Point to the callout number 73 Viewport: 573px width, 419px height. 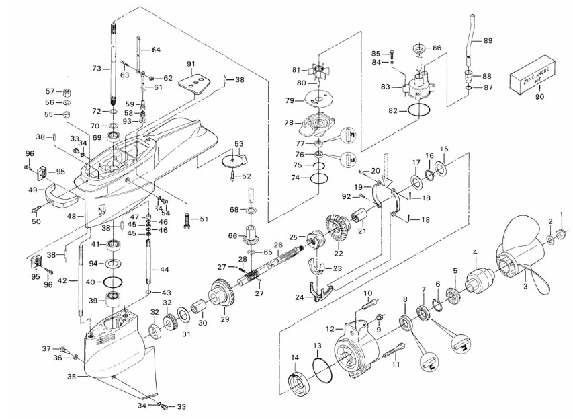pyautogui.click(x=97, y=69)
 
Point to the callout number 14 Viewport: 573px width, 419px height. pyautogui.click(x=296, y=357)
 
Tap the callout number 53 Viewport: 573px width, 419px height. pyautogui.click(x=238, y=143)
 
